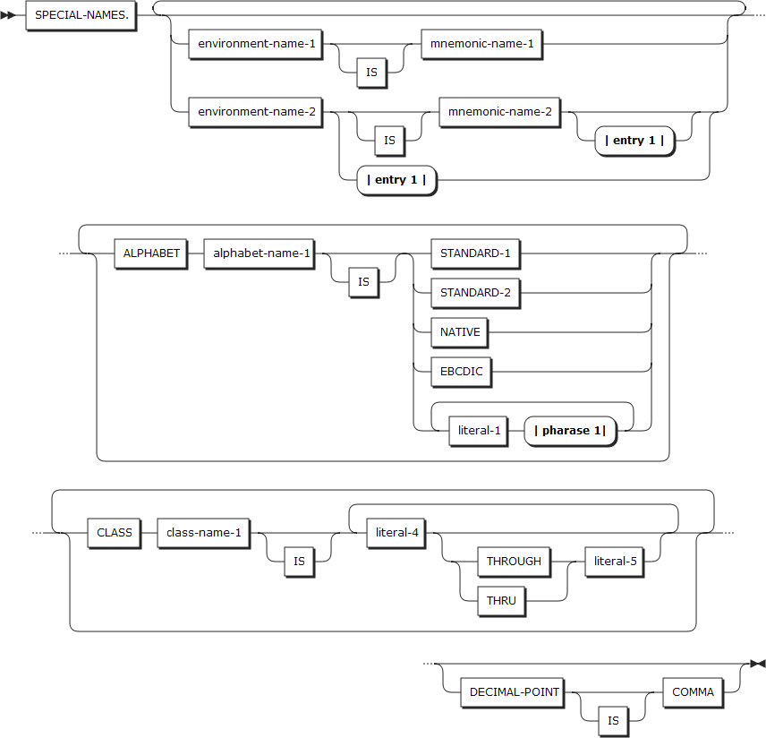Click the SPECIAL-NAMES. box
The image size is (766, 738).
(x=81, y=16)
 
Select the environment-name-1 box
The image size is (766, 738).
(x=255, y=45)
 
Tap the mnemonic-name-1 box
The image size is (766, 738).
(x=481, y=45)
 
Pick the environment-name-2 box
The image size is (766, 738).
(x=255, y=113)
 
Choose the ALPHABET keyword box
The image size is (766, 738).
(x=151, y=253)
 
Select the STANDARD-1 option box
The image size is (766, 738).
(x=474, y=253)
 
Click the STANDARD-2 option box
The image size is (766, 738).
(x=474, y=293)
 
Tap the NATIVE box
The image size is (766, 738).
(x=460, y=332)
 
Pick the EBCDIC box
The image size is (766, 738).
(x=461, y=372)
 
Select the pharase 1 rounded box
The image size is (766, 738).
(x=570, y=431)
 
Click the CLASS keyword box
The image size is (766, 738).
(x=115, y=533)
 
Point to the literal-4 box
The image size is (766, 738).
(x=397, y=533)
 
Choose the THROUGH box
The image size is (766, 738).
(x=514, y=562)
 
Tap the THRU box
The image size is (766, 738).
(x=501, y=601)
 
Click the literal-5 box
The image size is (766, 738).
(x=615, y=562)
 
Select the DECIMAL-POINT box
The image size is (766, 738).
(x=515, y=692)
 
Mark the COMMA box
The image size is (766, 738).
(x=693, y=692)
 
